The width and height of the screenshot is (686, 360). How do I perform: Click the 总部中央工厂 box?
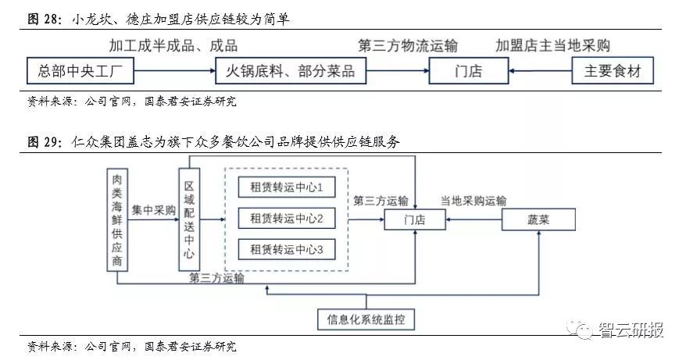point(80,72)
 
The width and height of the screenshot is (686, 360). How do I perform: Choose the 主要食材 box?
point(613,72)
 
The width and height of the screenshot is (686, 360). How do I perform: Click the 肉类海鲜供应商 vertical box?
point(116,219)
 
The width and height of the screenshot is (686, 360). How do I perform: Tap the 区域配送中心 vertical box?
point(189,219)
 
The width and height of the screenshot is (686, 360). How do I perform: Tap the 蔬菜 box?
point(538,220)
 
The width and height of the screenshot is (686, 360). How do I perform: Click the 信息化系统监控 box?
point(366,319)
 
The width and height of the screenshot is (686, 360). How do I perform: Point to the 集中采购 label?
point(153,210)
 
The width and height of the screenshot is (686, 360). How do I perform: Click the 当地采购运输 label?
point(473,201)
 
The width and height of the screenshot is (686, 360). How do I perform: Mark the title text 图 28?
point(44,17)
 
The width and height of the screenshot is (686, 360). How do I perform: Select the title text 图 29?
point(44,142)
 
